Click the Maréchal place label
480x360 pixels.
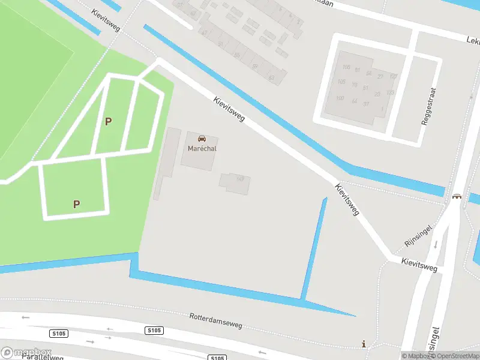[x=202, y=149]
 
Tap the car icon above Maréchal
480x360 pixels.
[x=200, y=138]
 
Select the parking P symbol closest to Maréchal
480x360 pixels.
[x=108, y=121]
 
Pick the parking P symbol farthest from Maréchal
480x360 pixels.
[x=76, y=204]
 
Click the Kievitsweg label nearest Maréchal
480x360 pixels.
[x=229, y=109]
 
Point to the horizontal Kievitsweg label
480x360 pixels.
[x=420, y=262]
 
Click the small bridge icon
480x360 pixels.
[x=457, y=196]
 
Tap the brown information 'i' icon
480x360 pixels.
[x=363, y=344]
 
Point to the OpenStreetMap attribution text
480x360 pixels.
[x=457, y=356]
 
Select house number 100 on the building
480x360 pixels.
[x=340, y=98]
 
